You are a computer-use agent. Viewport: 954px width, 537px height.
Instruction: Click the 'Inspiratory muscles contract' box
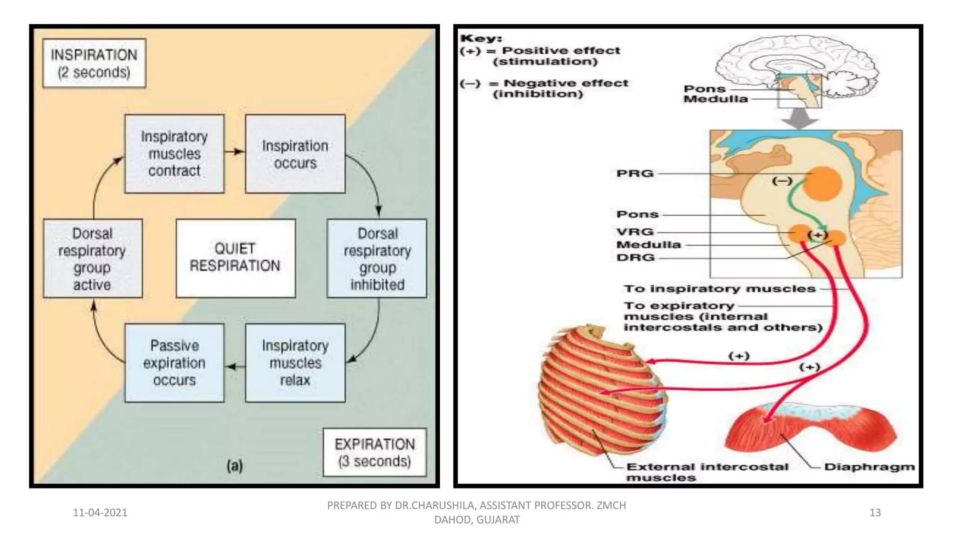[x=174, y=154]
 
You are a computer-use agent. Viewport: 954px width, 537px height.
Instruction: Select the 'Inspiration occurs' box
[x=295, y=154]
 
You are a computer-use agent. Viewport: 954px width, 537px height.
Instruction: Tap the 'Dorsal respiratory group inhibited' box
[x=377, y=259]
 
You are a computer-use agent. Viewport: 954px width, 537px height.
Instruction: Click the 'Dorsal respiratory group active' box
[x=93, y=259]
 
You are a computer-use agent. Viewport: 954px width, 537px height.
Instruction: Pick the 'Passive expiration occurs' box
[x=174, y=363]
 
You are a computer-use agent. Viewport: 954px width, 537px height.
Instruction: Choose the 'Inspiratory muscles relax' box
[x=295, y=363]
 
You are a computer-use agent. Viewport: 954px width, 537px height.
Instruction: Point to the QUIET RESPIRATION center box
[x=235, y=258]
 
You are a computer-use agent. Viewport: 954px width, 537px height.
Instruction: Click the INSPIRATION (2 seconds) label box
[x=94, y=63]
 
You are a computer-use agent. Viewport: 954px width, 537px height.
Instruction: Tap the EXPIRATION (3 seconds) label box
[x=375, y=452]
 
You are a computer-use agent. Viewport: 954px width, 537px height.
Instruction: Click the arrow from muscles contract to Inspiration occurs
[x=234, y=151]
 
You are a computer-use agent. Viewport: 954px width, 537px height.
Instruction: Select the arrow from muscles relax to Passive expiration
[x=235, y=367]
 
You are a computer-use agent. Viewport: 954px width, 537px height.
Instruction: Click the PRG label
[x=635, y=173]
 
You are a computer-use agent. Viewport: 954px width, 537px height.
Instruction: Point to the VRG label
[x=635, y=232]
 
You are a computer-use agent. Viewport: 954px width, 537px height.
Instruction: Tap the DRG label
[x=635, y=257]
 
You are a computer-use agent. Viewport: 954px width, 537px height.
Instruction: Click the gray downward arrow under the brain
[x=800, y=118]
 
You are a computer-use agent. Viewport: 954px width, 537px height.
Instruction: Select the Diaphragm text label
[x=869, y=467]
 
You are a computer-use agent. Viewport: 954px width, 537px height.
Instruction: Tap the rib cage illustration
[x=601, y=392]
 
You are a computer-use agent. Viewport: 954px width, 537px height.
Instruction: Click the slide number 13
[x=875, y=512]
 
